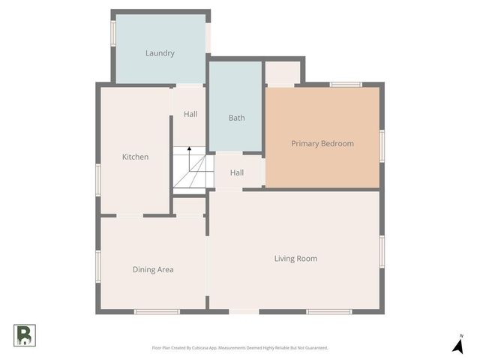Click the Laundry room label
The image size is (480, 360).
160,53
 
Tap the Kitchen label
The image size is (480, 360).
135,157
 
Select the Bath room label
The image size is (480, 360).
236,118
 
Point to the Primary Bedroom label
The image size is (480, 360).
322,143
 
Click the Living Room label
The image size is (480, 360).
295,259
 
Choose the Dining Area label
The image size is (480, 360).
153,269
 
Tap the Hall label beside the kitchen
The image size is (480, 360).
190,114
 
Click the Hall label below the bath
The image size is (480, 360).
237,172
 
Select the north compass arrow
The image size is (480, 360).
457,345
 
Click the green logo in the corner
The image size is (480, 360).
23,334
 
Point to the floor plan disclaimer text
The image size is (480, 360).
239,348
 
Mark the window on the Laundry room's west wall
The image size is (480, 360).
113,33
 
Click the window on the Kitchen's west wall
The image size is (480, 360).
98,181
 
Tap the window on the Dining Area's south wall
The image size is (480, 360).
157,311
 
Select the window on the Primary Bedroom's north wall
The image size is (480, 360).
346,85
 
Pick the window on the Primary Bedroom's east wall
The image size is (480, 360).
382,145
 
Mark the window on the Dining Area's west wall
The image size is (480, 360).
98,266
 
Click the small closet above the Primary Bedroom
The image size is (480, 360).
283,73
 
